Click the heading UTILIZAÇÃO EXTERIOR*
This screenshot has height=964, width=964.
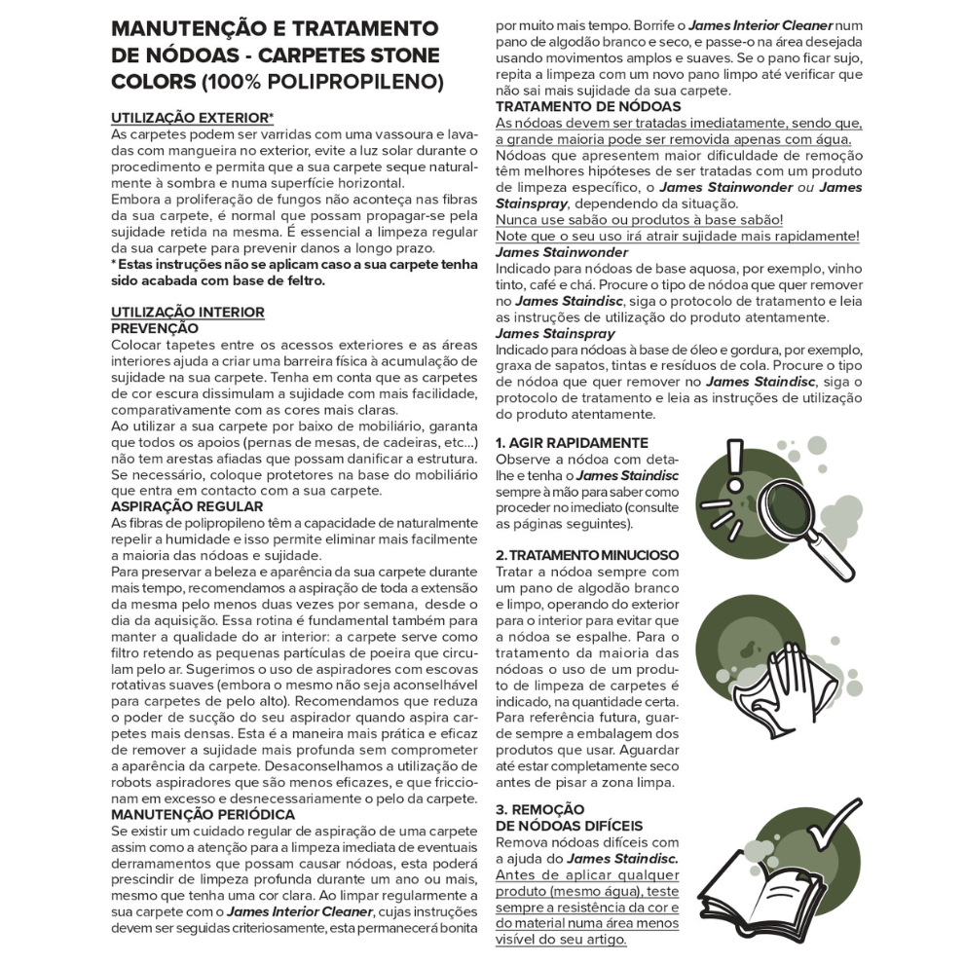(193, 117)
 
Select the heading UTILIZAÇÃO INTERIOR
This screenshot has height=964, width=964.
(188, 312)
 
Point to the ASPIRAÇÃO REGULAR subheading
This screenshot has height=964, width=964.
(187, 506)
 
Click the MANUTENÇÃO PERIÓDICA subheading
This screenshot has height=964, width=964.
(204, 813)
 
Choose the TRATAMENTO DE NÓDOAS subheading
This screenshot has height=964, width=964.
(588, 106)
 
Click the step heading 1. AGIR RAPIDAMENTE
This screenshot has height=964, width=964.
(572, 443)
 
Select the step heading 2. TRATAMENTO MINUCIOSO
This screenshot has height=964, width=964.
(587, 555)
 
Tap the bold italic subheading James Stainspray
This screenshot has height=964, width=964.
(555, 333)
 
